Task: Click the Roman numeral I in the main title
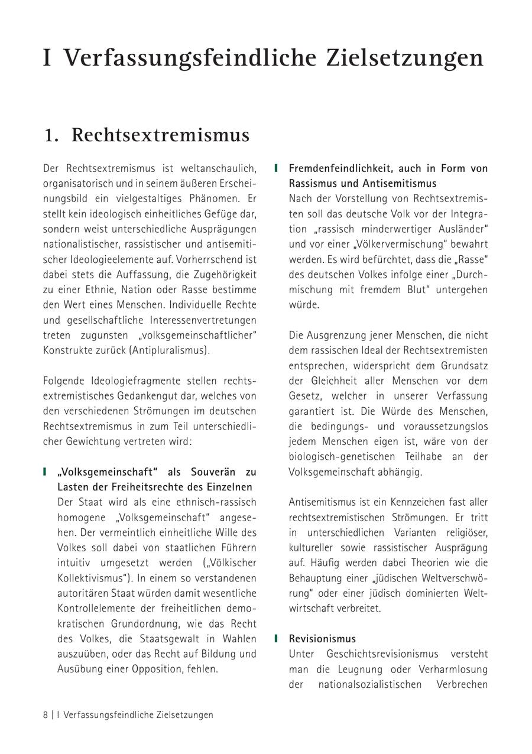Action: pyautogui.click(x=47, y=58)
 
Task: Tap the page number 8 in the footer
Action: pyautogui.click(x=46, y=714)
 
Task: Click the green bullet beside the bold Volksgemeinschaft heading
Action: pyautogui.click(x=44, y=472)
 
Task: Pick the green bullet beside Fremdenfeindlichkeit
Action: pyautogui.click(x=276, y=168)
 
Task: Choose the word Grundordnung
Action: pyautogui.click(x=141, y=623)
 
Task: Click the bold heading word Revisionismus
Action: pyautogui.click(x=322, y=639)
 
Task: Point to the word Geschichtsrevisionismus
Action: pyautogui.click(x=382, y=654)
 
